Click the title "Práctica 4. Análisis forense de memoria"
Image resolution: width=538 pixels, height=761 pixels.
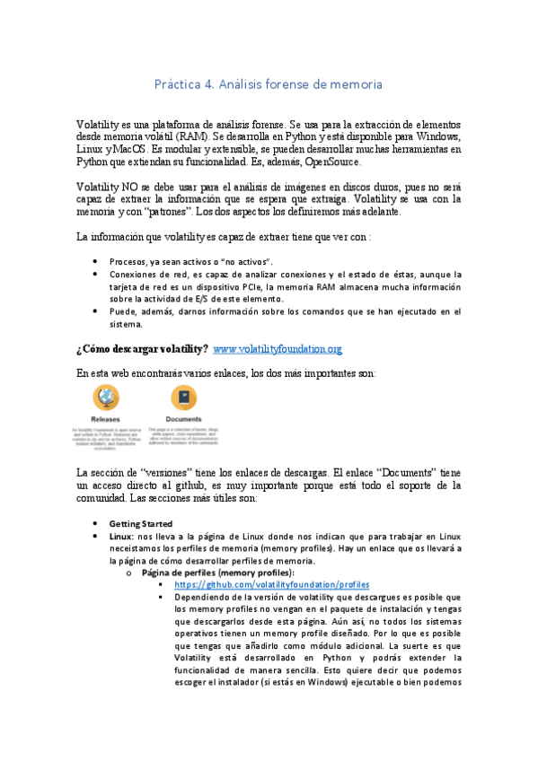coord(269,84)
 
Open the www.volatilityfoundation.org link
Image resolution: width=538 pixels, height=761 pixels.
coord(278,348)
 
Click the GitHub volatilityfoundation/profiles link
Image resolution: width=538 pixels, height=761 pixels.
coord(272,584)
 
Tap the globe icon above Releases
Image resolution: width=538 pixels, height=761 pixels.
coord(105,398)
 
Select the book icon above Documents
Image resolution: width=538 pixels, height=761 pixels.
coord(182,398)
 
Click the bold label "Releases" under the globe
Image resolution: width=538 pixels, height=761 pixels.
coord(105,419)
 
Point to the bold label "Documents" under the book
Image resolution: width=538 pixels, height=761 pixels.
coord(182,419)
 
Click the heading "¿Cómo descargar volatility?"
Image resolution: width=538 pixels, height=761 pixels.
coord(143,348)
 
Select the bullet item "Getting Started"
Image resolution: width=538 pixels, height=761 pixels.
coord(142,523)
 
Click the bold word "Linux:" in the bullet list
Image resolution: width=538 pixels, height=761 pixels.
coord(123,535)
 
